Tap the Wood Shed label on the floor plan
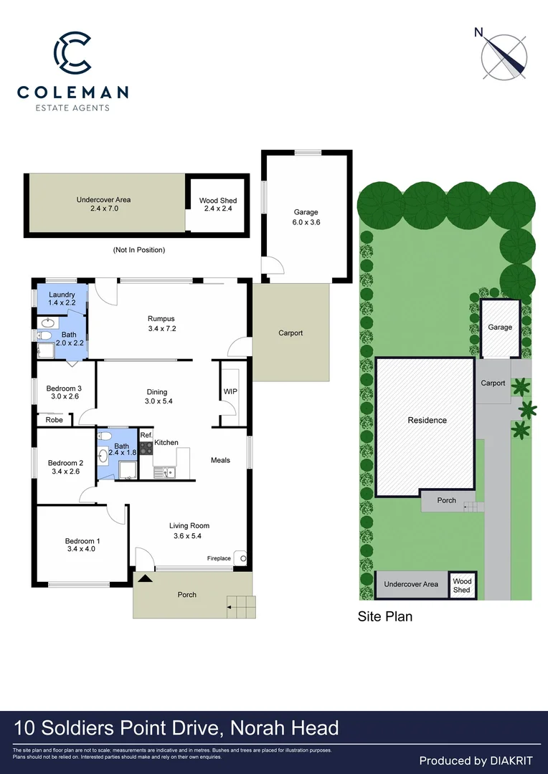point(218,204)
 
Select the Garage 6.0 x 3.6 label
point(306,216)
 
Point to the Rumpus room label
point(161,324)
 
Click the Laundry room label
point(62,299)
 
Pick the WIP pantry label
point(230,392)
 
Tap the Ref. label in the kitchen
point(146,435)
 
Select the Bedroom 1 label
point(82,545)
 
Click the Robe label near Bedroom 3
point(54,420)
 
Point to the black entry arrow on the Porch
point(145,578)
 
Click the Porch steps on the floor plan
point(241,607)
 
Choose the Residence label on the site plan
point(427,420)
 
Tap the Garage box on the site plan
point(500,328)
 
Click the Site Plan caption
point(385,616)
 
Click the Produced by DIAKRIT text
point(476,760)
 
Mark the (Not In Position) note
point(139,250)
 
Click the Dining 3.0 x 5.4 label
point(157,396)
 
